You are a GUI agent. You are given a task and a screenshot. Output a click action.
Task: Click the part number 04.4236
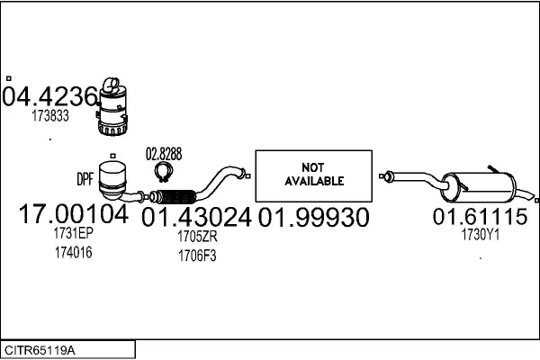(x=49, y=96)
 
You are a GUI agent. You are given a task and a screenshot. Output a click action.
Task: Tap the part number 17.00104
(x=74, y=216)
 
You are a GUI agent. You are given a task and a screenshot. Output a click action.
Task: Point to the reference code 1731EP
(x=74, y=234)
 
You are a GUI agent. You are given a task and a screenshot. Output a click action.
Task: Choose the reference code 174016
(x=74, y=252)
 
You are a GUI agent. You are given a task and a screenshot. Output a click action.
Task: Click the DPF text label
(x=85, y=178)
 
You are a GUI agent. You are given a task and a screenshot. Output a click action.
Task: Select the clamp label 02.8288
(x=163, y=154)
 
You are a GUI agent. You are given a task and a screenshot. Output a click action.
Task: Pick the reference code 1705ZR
(x=197, y=237)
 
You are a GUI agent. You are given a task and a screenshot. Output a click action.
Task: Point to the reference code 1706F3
(x=197, y=255)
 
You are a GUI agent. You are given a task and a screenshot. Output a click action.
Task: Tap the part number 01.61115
(x=480, y=217)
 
